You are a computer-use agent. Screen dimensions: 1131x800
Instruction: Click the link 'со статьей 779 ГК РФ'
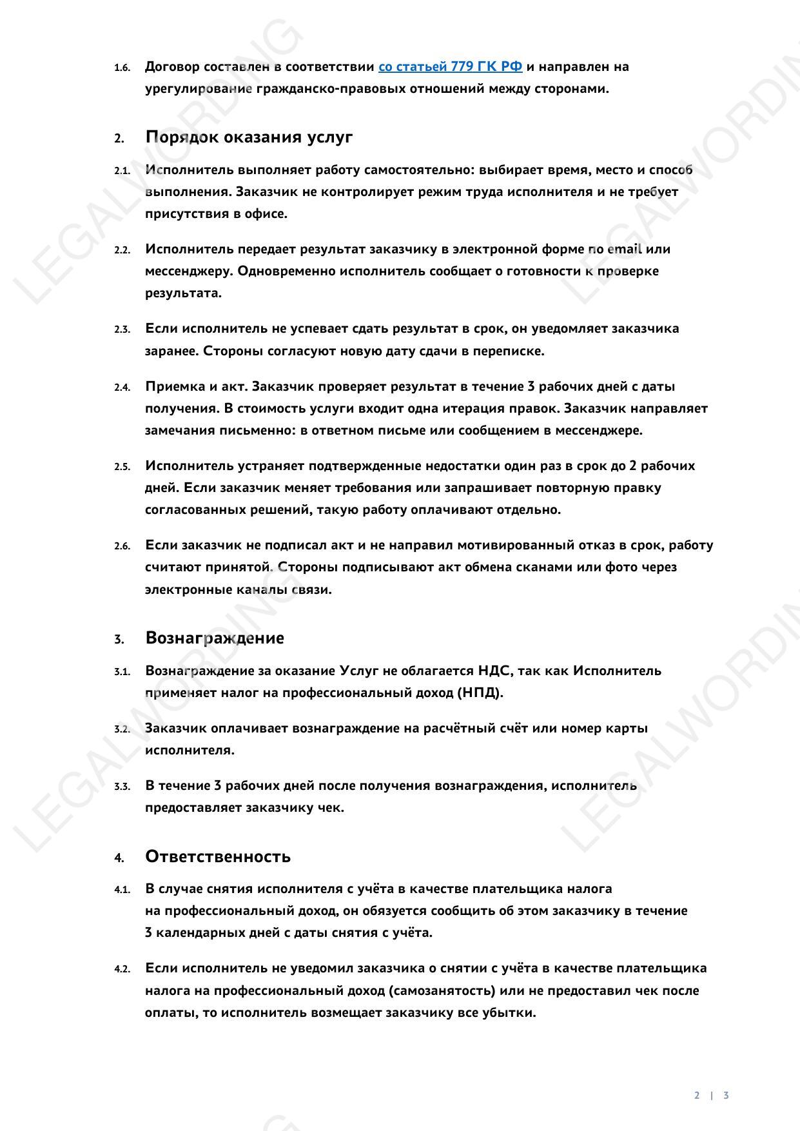[x=450, y=66]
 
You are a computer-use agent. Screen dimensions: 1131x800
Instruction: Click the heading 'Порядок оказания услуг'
[x=249, y=137]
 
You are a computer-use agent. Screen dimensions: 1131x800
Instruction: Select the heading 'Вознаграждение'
[x=215, y=638]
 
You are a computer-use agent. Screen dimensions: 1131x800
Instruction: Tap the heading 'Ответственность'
[x=218, y=856]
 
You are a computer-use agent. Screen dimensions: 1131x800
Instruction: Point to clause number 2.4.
[x=122, y=388]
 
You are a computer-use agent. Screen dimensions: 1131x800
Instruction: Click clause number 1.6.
[x=122, y=68]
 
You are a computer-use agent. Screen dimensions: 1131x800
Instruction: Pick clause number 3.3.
[x=122, y=787]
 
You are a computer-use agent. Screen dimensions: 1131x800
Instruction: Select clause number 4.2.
[x=122, y=969]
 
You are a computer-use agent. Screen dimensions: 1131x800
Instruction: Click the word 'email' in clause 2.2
[x=624, y=249]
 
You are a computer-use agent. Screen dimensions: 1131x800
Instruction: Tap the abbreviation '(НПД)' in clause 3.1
[x=480, y=693]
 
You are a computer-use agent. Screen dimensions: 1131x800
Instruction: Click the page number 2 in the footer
[x=697, y=1095]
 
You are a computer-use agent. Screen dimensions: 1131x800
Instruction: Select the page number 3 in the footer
[x=726, y=1095]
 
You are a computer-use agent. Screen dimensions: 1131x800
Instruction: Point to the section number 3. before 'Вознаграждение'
[x=119, y=640]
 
